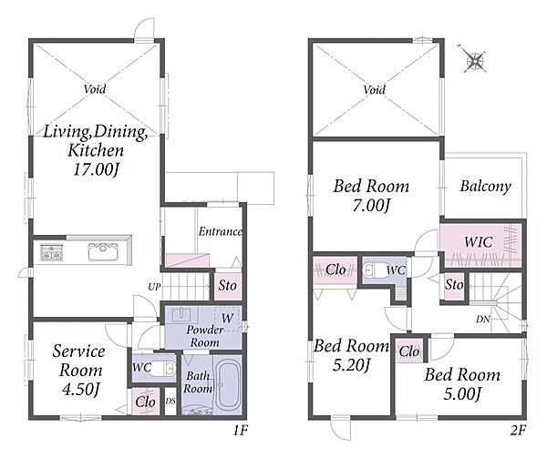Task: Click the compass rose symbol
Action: pyautogui.click(x=475, y=59)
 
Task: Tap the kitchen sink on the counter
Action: pyautogui.click(x=103, y=251)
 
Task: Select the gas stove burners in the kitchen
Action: pyautogui.click(x=52, y=252)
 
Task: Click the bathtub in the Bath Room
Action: pyautogui.click(x=228, y=385)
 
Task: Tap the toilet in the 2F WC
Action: pyautogui.click(x=376, y=270)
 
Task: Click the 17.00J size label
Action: pyautogui.click(x=97, y=170)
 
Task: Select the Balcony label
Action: pyautogui.click(x=485, y=187)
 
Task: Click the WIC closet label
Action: pyautogui.click(x=479, y=242)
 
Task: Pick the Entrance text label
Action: pyautogui.click(x=221, y=231)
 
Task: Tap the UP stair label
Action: pyautogui.click(x=154, y=287)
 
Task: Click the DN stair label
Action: pyautogui.click(x=483, y=319)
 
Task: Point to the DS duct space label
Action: pyautogui.click(x=170, y=402)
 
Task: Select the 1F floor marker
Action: pyautogui.click(x=241, y=431)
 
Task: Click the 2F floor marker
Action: pyautogui.click(x=518, y=431)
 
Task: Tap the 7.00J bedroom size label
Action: pyautogui.click(x=371, y=206)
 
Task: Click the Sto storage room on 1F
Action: pyautogui.click(x=227, y=286)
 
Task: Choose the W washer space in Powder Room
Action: pyautogui.click(x=227, y=319)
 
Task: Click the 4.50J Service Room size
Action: pyautogui.click(x=81, y=390)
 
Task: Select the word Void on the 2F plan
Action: pyautogui.click(x=375, y=90)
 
